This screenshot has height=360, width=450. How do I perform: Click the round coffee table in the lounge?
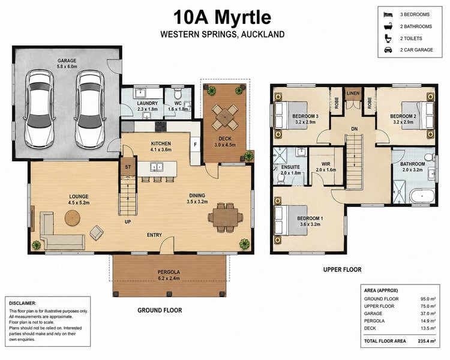click(x=72, y=218)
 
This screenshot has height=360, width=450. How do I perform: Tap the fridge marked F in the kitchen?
click(x=196, y=145)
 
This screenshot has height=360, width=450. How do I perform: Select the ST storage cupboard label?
click(x=128, y=167)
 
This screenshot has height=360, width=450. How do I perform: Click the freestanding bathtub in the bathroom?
click(x=422, y=196)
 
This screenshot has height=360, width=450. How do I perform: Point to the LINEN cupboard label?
click(x=353, y=94)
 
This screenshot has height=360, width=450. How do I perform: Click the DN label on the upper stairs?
click(x=355, y=129)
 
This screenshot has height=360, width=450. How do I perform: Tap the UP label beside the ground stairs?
click(x=128, y=221)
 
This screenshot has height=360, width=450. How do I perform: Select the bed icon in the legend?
click(x=388, y=14)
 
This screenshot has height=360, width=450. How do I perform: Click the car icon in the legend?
click(x=388, y=50)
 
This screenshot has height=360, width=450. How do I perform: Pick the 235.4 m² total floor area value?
click(x=427, y=341)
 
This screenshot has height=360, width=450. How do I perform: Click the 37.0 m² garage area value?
click(x=428, y=313)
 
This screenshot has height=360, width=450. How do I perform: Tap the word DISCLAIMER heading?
click(x=23, y=303)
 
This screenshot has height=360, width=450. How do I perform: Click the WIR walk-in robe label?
click(x=326, y=164)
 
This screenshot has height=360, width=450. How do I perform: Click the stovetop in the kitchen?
click(x=161, y=127)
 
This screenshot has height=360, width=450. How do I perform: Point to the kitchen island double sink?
click(x=157, y=167)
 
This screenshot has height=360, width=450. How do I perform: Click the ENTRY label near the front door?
click(x=154, y=235)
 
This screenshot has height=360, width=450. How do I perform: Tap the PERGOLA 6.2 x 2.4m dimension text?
click(x=169, y=278)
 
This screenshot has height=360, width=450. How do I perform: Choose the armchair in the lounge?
click(x=97, y=232)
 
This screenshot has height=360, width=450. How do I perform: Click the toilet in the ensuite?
click(x=281, y=178)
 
